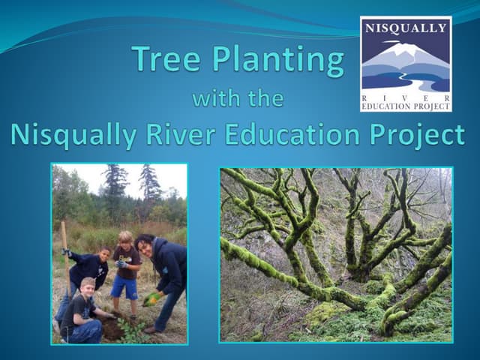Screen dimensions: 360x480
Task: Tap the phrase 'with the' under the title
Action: pos(238,98)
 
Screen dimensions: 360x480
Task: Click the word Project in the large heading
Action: pos(421,136)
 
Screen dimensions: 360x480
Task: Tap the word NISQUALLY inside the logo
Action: pos(406,28)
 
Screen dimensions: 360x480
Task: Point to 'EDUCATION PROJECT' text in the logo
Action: pos(406,106)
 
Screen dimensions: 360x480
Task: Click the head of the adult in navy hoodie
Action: pos(147,245)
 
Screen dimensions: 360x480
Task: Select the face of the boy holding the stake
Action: pos(105,255)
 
